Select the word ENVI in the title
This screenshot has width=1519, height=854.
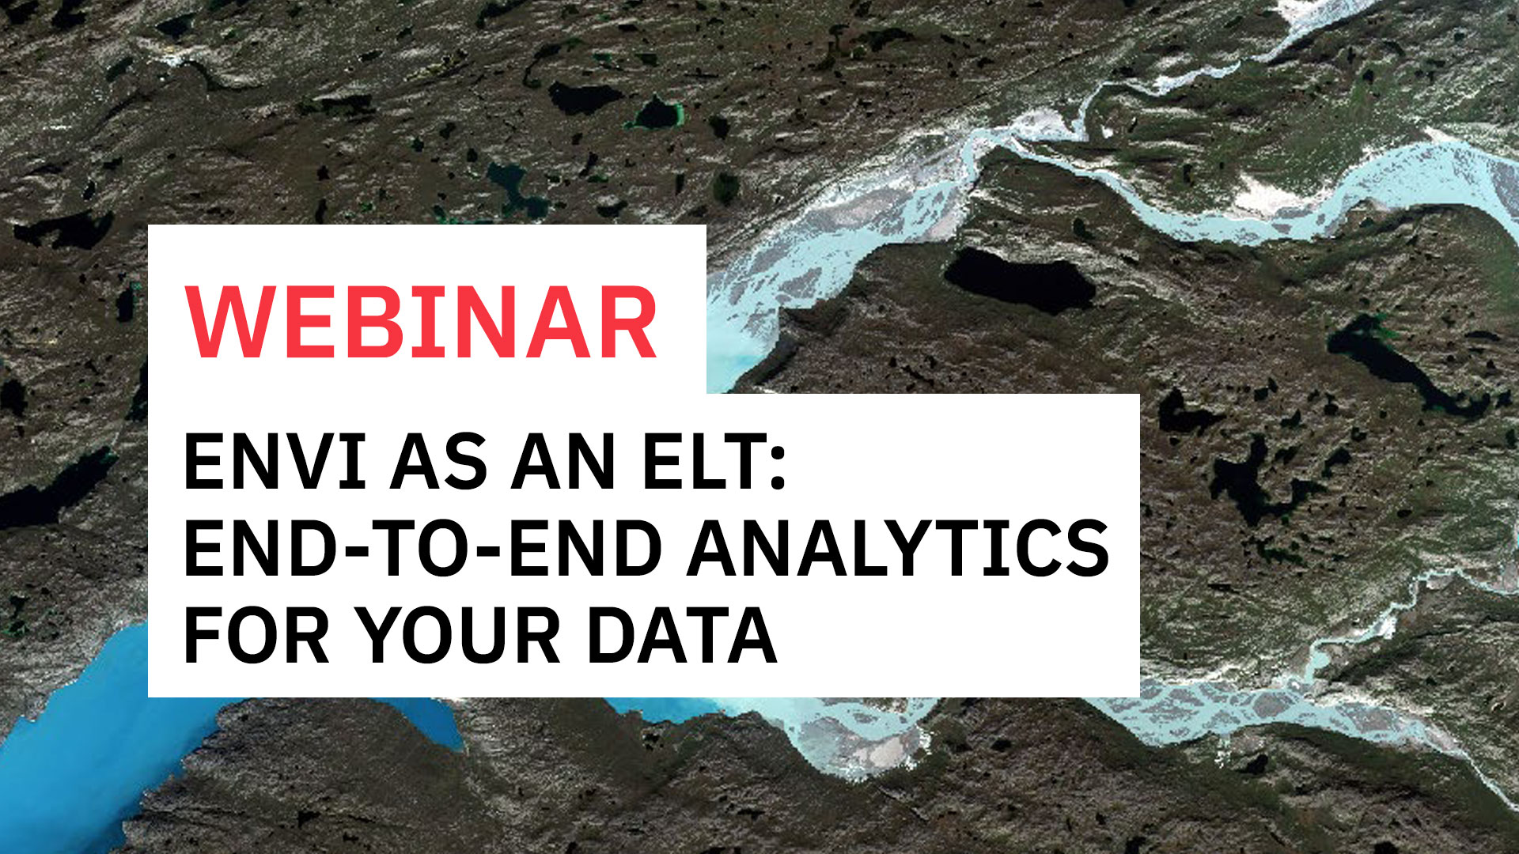(x=275, y=463)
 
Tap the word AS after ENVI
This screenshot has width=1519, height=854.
(x=438, y=463)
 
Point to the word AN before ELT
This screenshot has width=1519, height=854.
(x=563, y=463)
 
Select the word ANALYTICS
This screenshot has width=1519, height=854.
(x=899, y=549)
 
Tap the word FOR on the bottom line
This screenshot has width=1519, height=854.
(x=256, y=636)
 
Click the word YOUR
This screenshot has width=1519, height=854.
(x=457, y=636)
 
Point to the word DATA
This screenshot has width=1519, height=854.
(x=681, y=636)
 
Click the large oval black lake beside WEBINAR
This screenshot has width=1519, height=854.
(x=1021, y=279)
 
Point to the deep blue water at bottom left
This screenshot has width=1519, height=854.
(x=71, y=759)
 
